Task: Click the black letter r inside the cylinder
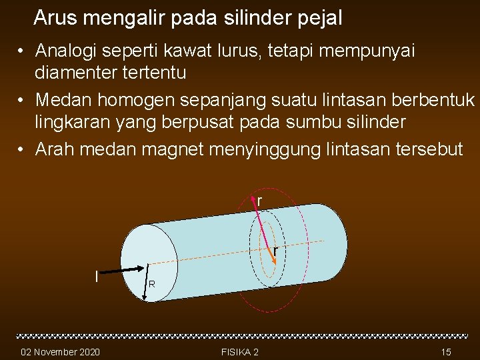tap(275, 251)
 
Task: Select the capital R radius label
tap(152, 285)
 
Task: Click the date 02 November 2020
tap(61, 351)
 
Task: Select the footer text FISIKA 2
tap(239, 351)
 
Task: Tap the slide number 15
tap(446, 351)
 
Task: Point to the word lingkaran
tap(74, 121)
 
